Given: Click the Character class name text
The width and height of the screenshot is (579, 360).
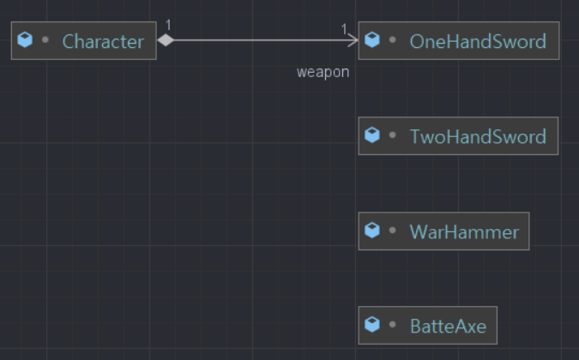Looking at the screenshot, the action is (103, 41).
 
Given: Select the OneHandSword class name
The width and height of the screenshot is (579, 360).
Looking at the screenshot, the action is (477, 41).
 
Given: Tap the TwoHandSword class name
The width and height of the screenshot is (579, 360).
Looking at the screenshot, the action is (477, 136).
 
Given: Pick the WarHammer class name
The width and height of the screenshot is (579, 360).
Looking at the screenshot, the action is (464, 231).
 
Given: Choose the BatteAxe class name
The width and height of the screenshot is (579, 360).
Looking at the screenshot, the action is (448, 326).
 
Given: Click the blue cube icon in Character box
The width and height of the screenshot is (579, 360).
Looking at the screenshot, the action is (26, 40).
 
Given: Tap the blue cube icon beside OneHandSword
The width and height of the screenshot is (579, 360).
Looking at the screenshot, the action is (372, 40).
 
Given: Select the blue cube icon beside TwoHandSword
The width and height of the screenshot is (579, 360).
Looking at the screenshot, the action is (372, 135).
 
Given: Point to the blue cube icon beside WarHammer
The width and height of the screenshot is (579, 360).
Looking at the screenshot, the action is (372, 231).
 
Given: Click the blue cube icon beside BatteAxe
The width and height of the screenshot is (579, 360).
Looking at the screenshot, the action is (372, 325).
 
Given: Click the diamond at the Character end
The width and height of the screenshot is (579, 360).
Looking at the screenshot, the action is (166, 39).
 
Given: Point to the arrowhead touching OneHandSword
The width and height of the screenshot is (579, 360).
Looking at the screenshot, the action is (353, 39).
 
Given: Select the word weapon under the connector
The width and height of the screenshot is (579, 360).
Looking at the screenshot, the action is (323, 72).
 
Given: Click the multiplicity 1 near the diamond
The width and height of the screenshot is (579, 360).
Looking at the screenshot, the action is (168, 25).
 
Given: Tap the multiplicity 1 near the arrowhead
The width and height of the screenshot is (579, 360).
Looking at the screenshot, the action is (345, 29).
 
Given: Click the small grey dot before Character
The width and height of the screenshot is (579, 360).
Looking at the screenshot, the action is (45, 40).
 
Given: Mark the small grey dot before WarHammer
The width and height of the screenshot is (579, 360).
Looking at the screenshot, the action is (393, 231).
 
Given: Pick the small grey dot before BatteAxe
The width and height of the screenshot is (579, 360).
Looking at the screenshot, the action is (393, 325).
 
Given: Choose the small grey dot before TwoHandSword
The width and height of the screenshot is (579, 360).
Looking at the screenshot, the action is (393, 135).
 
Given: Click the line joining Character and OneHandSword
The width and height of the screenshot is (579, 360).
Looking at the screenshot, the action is (257, 39).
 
